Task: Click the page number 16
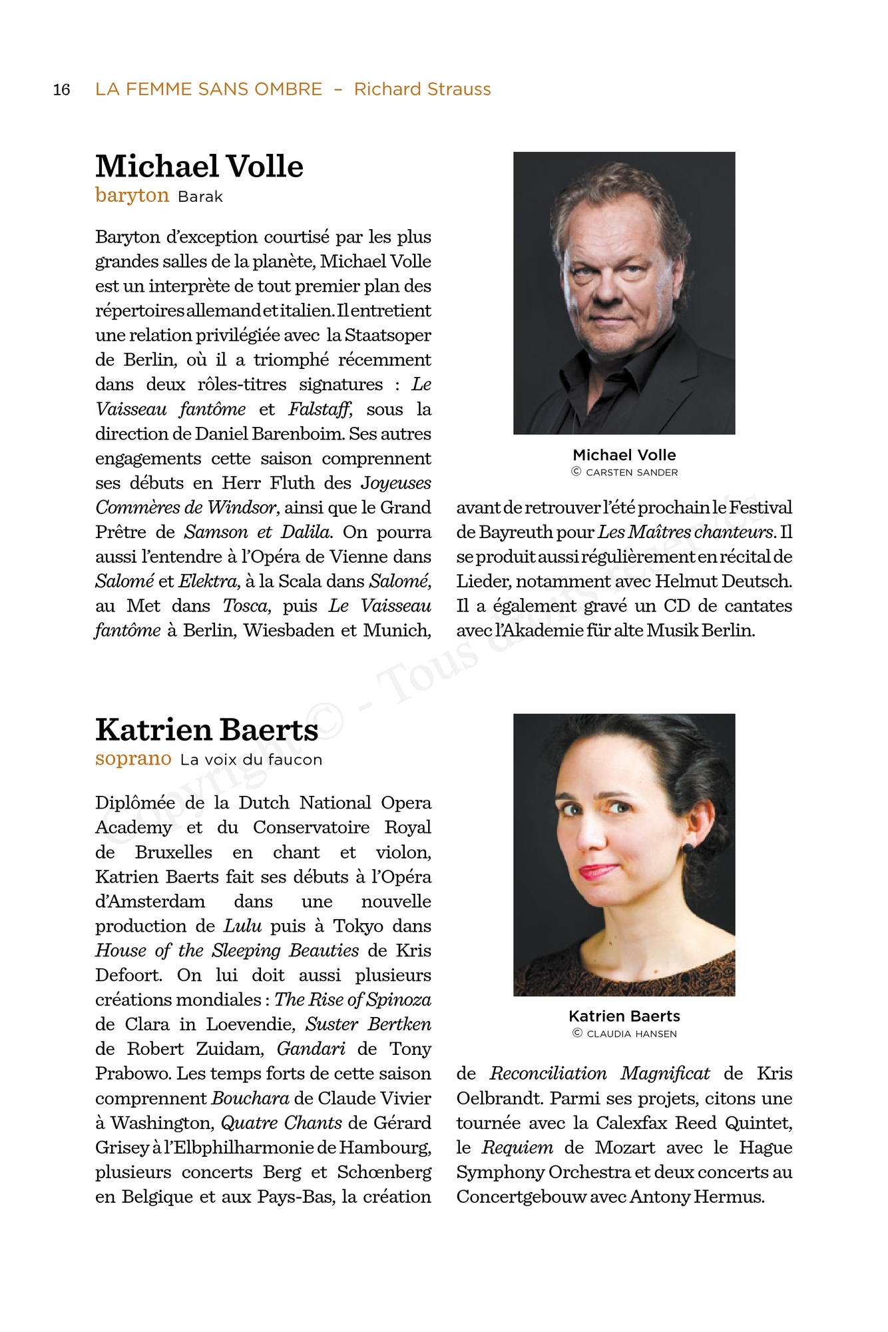61,90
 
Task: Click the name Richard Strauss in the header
422,89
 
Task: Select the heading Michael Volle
199,166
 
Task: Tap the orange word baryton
132,195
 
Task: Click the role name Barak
200,197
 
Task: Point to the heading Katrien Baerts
206,730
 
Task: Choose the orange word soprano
133,759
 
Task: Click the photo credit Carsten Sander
631,472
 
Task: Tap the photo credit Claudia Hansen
631,1034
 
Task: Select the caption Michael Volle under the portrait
624,455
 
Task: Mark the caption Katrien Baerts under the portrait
624,1016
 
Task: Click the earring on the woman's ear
688,848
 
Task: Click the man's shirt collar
586,380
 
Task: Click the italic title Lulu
238,926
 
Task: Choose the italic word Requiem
517,1148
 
